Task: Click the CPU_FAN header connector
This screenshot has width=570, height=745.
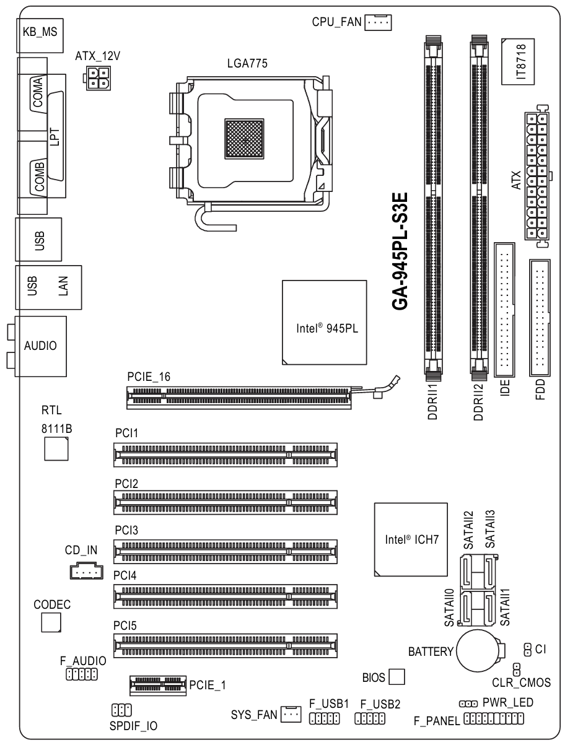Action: (378, 22)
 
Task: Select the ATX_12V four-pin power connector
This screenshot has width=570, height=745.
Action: (97, 79)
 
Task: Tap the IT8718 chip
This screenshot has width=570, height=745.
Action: (518, 61)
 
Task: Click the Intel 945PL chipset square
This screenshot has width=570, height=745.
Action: (324, 322)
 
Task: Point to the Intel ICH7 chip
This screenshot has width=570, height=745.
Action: (411, 539)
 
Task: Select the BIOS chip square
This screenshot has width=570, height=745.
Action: (397, 677)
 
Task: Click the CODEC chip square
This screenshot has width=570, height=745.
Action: (51, 622)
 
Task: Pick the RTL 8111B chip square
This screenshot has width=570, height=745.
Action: (56, 449)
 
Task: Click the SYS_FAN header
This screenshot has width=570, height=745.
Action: (291, 714)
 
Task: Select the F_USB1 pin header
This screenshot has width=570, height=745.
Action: (324, 718)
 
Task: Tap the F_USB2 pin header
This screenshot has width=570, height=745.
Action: (370, 718)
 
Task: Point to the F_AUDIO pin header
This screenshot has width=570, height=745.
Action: (82, 674)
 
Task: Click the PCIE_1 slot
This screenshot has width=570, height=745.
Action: (158, 686)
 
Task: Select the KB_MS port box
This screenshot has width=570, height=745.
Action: (40, 35)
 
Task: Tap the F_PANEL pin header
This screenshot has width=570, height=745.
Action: (494, 718)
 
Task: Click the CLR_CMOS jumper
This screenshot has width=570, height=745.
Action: (516, 669)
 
